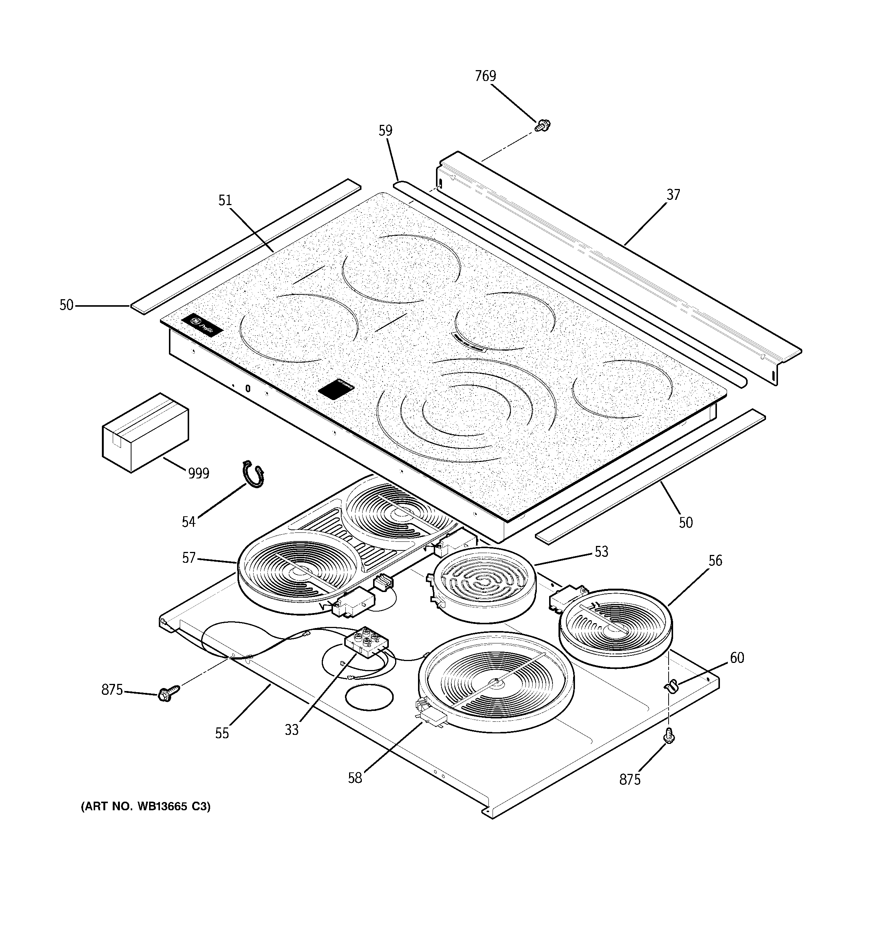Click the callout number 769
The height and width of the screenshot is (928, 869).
tap(485, 76)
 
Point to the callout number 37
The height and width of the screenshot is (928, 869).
tap(673, 195)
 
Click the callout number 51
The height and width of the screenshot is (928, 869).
tap(225, 200)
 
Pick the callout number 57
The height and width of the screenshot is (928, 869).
tap(188, 558)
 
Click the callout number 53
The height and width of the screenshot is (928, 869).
tap(601, 552)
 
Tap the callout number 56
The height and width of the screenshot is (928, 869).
tap(715, 561)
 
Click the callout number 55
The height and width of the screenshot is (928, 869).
tap(222, 733)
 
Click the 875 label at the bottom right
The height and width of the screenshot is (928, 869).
tap(630, 780)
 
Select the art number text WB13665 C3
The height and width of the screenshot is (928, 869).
tap(146, 806)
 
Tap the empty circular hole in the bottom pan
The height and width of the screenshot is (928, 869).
tap(369, 698)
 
